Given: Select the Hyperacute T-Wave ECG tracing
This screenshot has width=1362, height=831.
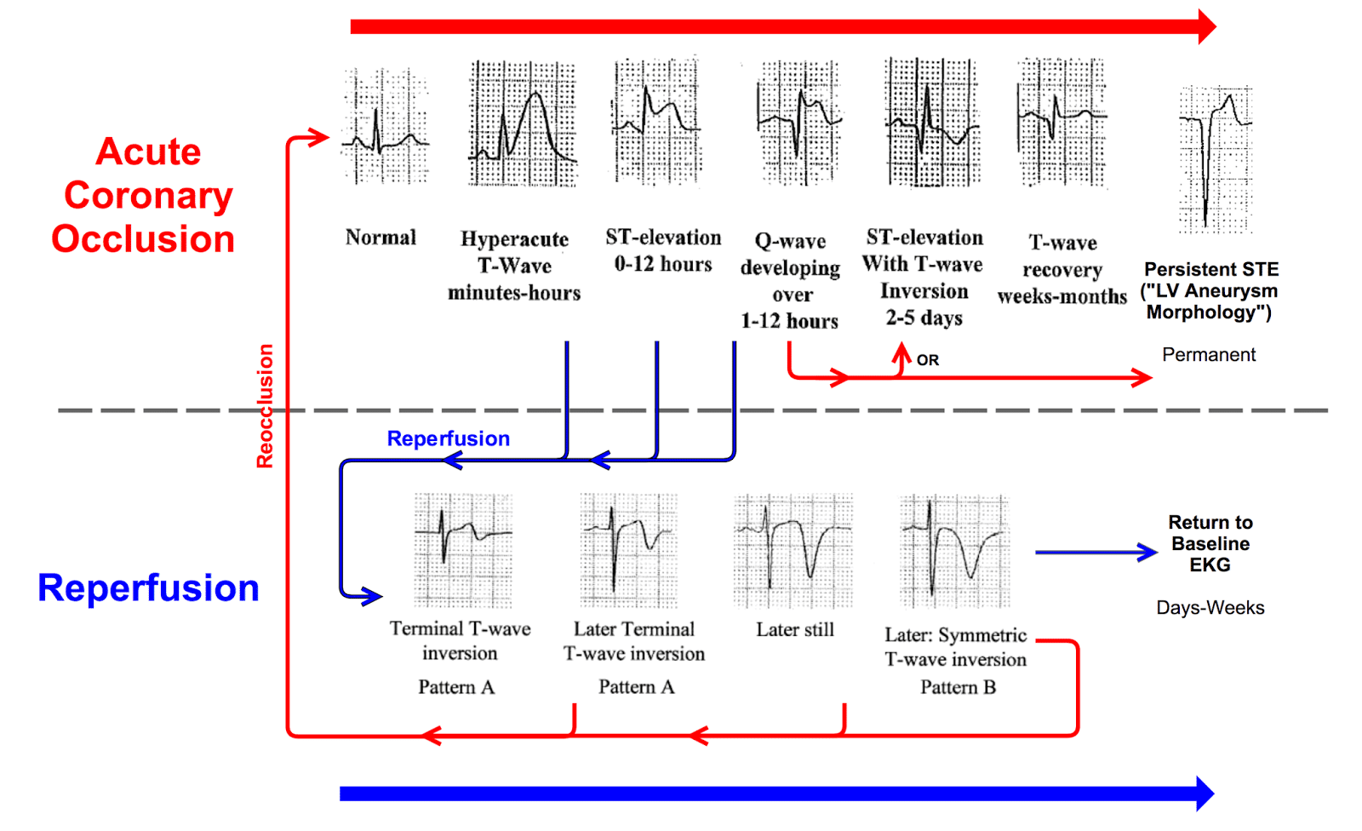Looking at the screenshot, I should point(523,123).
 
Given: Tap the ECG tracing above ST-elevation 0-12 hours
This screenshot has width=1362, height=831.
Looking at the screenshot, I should point(656,121).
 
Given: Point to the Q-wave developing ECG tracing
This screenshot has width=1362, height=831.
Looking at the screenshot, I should point(798,123).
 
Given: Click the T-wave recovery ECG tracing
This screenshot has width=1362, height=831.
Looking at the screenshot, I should point(1062,123).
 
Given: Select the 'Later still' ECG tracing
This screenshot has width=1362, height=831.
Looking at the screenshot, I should point(793,550).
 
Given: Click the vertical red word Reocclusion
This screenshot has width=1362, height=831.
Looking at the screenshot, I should point(266,406).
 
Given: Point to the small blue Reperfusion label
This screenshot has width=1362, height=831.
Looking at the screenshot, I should point(448,438).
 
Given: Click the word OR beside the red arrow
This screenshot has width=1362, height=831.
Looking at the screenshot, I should point(928,360).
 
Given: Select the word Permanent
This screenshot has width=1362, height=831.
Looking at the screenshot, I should point(1209,355).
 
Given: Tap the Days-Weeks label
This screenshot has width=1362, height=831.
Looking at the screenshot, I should point(1210,608).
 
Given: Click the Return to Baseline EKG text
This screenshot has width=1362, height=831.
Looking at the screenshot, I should point(1210,543).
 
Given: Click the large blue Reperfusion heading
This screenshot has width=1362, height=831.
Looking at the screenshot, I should point(148,588).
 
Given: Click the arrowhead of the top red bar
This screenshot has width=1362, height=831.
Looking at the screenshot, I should point(1206,26).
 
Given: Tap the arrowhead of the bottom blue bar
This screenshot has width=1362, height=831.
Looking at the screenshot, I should point(1205,794).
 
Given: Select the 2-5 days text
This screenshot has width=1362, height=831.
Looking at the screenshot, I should point(924,318).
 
